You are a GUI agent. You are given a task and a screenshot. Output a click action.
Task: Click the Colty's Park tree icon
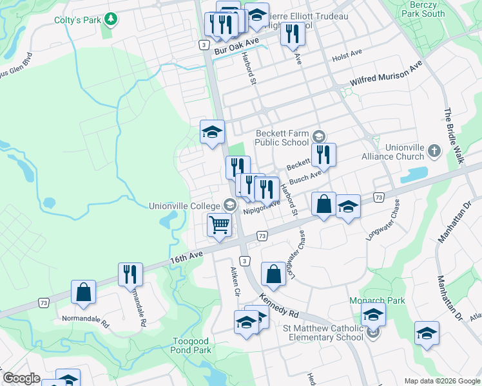111,19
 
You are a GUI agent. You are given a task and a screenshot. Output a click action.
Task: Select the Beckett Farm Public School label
285,137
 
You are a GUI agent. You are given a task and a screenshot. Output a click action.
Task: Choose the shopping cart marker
219,225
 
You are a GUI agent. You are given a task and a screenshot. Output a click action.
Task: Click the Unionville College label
184,206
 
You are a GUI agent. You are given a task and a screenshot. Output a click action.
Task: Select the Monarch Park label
386,300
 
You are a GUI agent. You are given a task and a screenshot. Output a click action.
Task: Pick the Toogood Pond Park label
192,345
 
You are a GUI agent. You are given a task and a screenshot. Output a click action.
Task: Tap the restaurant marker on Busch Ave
323,154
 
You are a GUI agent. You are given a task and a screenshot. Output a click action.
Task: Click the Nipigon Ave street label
262,208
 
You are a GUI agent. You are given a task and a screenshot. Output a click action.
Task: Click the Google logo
22,378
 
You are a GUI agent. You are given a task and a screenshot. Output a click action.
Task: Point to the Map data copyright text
442,381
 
